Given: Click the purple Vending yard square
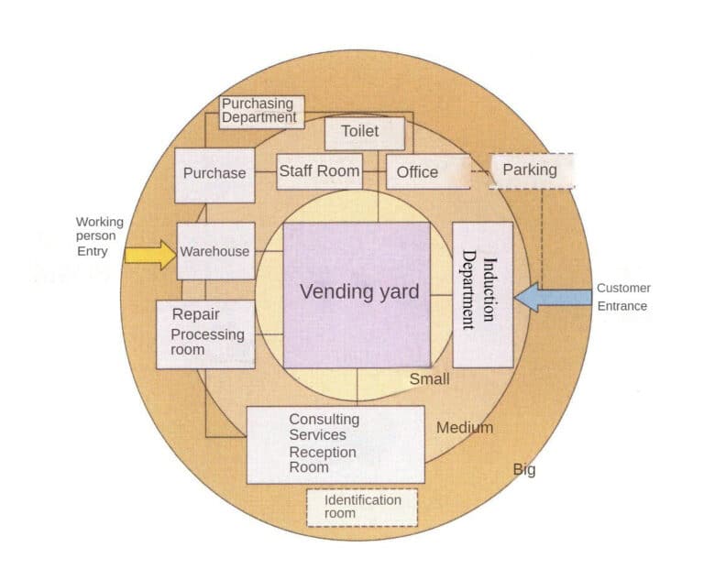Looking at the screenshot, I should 357,294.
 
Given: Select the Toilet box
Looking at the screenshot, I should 364,133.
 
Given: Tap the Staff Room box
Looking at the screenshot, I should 319,171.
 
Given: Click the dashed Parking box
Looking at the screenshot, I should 531,170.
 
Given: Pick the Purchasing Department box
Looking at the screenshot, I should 260,112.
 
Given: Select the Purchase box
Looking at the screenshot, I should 214,174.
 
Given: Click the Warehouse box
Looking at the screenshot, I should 215,251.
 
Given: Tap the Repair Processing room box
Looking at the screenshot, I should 205,334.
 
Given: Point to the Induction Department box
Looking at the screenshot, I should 482,294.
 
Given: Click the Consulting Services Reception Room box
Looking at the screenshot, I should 335,444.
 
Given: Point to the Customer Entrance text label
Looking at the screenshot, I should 623,297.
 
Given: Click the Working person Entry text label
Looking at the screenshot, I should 98,236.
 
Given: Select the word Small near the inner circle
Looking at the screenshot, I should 429,379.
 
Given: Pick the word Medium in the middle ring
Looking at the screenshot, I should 464,428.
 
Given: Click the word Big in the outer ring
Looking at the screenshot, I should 523,470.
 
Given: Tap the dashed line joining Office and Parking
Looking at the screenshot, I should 480,171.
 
